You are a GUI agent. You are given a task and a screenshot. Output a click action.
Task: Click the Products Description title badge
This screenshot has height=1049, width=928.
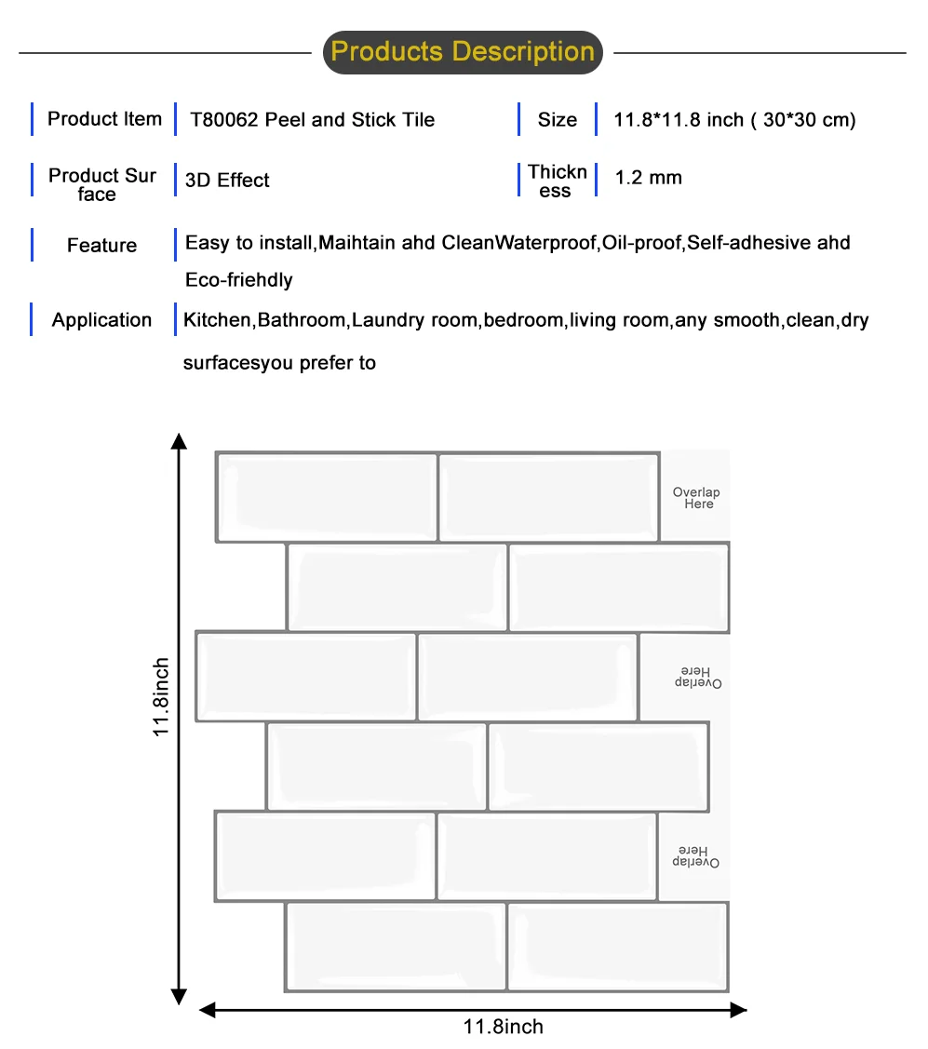[463, 52]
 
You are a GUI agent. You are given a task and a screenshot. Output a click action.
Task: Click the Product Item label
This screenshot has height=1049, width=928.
[104, 119]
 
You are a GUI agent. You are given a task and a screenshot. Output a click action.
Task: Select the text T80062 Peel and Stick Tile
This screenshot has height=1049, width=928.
[312, 120]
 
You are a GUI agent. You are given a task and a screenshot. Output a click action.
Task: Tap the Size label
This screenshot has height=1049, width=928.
[557, 120]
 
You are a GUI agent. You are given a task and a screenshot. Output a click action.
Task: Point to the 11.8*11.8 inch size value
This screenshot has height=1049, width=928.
[734, 120]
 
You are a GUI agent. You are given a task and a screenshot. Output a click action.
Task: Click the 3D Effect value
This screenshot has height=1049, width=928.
[227, 181]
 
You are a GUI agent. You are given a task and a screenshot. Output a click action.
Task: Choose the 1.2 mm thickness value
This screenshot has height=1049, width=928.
[648, 178]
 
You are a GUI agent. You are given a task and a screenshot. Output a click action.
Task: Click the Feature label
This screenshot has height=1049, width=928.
[101, 246]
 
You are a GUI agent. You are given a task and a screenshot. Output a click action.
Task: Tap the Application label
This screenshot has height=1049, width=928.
[101, 320]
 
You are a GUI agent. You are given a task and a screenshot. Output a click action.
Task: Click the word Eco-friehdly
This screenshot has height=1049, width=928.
[239, 280]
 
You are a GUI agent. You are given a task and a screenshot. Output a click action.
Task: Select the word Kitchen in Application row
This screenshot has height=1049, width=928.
[218, 320]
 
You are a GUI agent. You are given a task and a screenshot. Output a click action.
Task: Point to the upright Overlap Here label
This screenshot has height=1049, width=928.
[696, 498]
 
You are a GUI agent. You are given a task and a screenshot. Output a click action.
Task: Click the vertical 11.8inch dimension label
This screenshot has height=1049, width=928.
[162, 698]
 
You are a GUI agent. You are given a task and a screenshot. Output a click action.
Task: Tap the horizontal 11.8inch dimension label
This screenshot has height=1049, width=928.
[504, 1027]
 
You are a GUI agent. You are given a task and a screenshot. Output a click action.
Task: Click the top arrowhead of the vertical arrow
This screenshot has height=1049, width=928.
[178, 440]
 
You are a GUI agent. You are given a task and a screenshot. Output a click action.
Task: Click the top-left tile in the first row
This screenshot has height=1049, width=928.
[327, 497]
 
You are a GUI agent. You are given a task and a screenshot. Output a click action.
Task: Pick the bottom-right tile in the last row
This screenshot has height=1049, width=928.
[618, 947]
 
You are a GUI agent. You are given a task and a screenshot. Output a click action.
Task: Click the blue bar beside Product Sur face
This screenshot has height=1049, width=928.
[33, 181]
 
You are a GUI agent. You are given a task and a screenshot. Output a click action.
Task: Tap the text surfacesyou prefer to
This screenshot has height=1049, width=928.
[279, 363]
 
